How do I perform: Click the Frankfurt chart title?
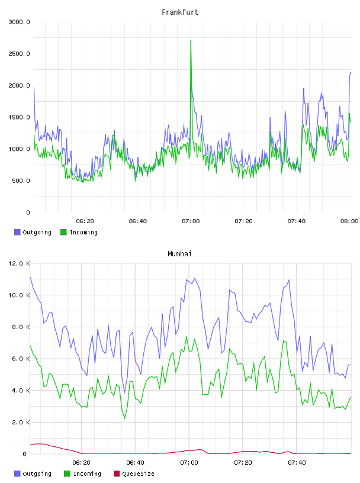(x=180, y=12)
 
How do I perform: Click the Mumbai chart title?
(x=179, y=254)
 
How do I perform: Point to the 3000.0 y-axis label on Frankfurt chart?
(x=19, y=22)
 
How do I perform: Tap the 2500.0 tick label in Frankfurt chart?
(x=19, y=54)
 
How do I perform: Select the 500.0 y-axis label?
(x=21, y=181)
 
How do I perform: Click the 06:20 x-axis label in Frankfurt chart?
(x=85, y=221)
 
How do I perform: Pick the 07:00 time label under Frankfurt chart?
(x=191, y=221)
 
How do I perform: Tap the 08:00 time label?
(x=349, y=221)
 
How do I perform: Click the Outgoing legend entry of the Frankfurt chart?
(x=33, y=232)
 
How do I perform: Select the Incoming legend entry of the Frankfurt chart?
(x=79, y=232)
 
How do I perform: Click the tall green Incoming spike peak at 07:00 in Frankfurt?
(x=191, y=41)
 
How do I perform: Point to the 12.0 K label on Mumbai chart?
(x=19, y=263)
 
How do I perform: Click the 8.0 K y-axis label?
(x=21, y=327)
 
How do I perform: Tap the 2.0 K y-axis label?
(x=21, y=422)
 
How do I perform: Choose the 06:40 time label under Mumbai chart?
(x=136, y=463)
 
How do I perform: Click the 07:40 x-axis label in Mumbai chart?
(x=297, y=463)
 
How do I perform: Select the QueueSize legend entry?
(x=134, y=474)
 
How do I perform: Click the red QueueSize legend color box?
(x=117, y=474)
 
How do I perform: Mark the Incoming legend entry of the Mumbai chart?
(x=82, y=474)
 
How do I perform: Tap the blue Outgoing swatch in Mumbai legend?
(x=17, y=474)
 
